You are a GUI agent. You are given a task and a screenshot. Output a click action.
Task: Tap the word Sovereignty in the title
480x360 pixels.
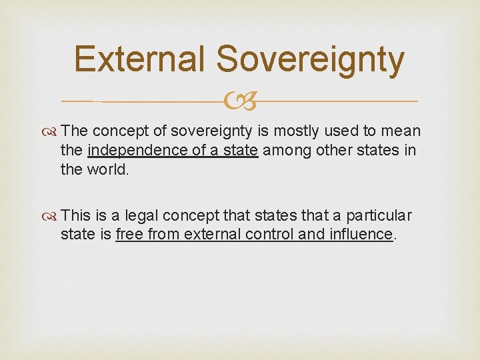click(x=310, y=59)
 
